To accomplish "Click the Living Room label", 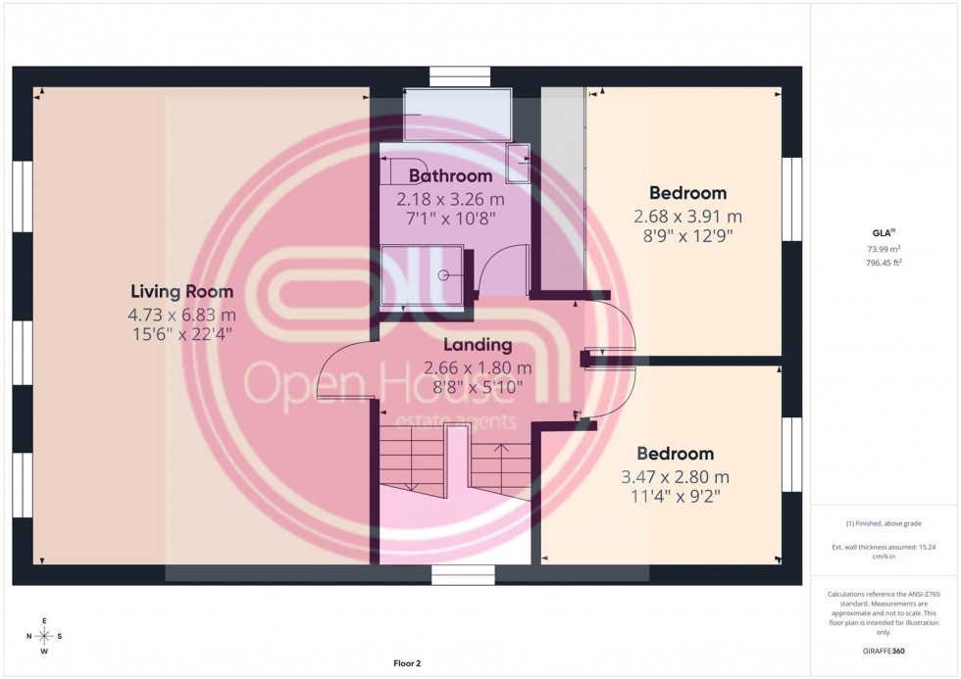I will [182, 291].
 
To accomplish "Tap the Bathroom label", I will [450, 176].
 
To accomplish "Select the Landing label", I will [478, 345].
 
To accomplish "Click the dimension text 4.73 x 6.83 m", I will [182, 314].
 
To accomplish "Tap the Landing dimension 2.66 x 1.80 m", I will [478, 367].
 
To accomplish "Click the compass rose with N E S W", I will [44, 636].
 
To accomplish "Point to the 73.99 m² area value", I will [885, 250].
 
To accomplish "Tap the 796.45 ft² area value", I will [885, 263].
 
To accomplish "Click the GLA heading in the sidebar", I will [884, 232].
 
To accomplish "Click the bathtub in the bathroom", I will [457, 114].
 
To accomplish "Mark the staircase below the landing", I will [456, 470].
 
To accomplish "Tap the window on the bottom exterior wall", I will [456, 575].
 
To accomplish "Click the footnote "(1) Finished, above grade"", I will [885, 523].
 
